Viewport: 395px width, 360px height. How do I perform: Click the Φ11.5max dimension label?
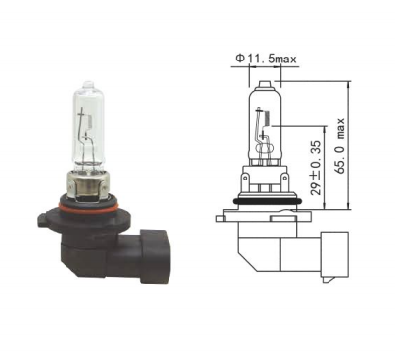click(x=266, y=59)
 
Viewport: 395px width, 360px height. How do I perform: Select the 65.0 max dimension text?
click(x=340, y=146)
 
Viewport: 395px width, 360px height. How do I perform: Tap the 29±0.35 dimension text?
click(x=316, y=168)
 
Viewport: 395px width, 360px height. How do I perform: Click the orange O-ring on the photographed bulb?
click(x=88, y=207)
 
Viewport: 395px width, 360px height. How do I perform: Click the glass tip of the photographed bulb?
click(x=88, y=84)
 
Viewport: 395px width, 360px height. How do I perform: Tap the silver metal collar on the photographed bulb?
click(x=88, y=185)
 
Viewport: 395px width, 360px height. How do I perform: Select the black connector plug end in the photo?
click(x=155, y=255)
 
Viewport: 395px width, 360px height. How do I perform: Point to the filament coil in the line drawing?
click(x=268, y=118)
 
